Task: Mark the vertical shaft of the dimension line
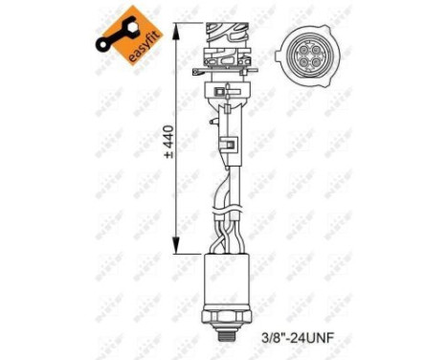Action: coord(176,191)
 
